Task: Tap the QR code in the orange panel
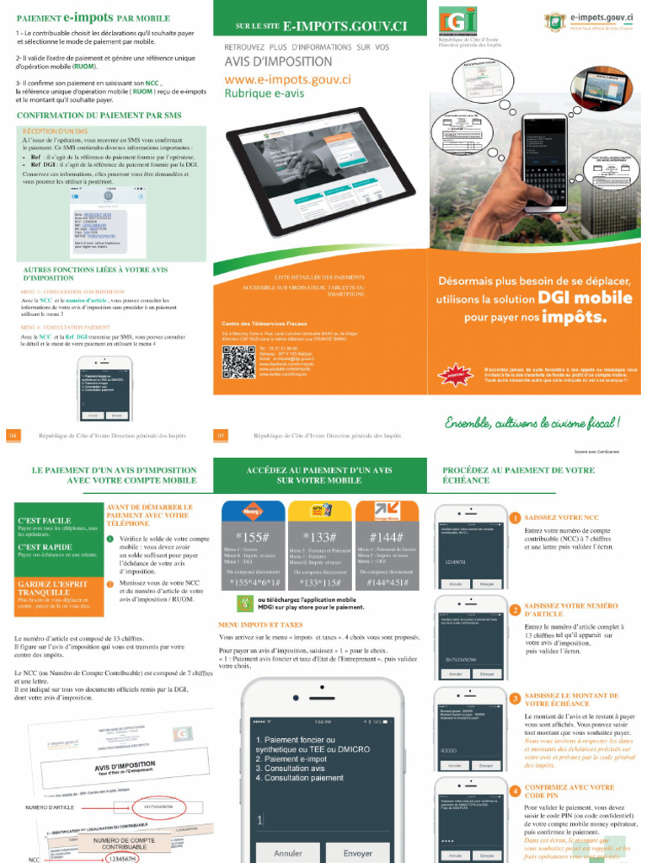click(238, 362)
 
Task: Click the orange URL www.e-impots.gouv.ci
click(287, 79)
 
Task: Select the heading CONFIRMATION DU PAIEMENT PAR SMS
click(99, 115)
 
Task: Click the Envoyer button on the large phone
click(357, 853)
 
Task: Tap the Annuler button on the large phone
click(288, 853)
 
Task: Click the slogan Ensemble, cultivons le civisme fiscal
click(532, 421)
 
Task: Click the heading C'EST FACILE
click(45, 521)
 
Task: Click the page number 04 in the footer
click(13, 436)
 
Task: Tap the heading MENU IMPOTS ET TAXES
click(260, 625)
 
